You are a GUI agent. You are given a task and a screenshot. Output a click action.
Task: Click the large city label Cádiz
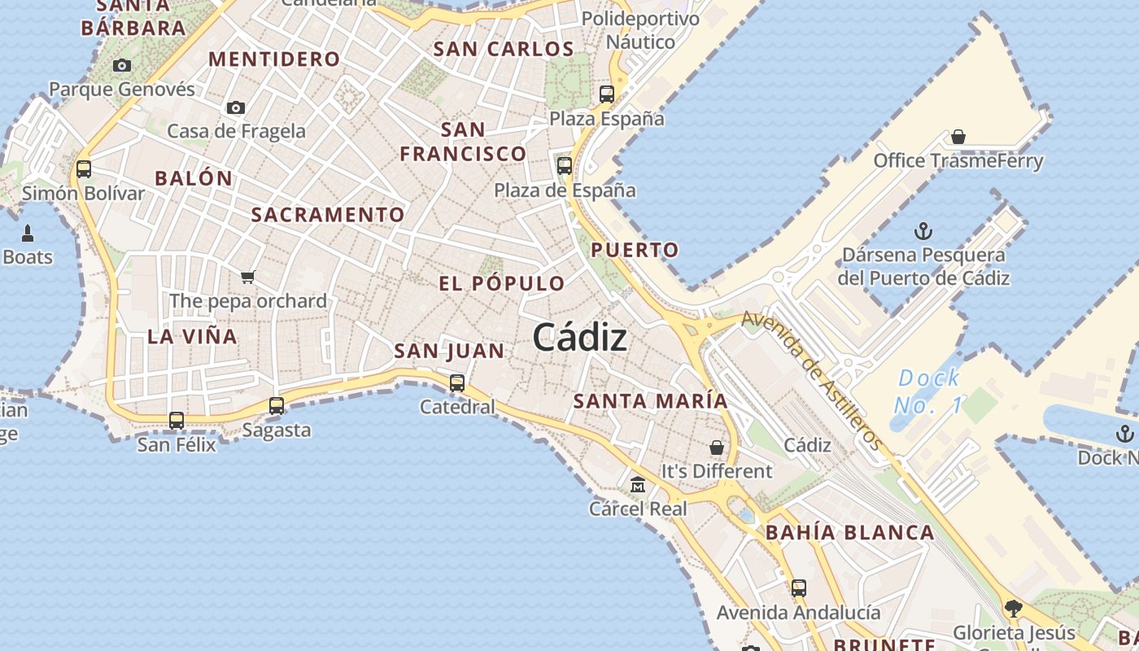pos(580,338)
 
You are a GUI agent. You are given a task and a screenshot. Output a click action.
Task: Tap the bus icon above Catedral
pos(457,382)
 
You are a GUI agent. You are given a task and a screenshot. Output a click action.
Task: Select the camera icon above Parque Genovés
pos(122,66)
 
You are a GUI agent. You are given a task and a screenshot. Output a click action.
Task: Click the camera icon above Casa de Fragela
pos(236,107)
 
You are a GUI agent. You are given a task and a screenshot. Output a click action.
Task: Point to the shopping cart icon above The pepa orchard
pos(248,277)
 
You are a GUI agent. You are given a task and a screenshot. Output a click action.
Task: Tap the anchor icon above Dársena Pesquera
pos(923,231)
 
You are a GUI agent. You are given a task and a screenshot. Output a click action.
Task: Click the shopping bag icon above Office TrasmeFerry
pos(958,137)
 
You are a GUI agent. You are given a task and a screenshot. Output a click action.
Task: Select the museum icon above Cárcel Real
pos(638,485)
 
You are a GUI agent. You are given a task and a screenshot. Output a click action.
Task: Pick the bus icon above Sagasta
pos(277,406)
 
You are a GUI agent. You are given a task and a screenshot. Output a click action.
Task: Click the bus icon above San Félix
pos(177,421)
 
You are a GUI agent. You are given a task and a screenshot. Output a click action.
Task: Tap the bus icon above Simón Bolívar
pos(83,169)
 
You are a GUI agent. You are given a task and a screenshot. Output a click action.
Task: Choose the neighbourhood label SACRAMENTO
pos(328,215)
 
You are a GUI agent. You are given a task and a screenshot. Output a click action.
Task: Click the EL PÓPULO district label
pos(502,284)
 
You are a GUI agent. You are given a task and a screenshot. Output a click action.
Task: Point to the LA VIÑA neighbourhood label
pos(193,336)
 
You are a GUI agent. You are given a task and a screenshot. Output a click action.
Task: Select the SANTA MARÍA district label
pos(651,401)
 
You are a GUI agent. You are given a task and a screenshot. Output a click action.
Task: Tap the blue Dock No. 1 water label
pos(928,391)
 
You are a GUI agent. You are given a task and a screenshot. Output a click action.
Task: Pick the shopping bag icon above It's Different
pos(717,448)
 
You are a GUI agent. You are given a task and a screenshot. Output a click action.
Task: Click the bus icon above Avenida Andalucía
pos(799,588)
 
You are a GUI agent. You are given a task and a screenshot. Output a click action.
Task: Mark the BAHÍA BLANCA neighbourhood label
pos(850,533)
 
